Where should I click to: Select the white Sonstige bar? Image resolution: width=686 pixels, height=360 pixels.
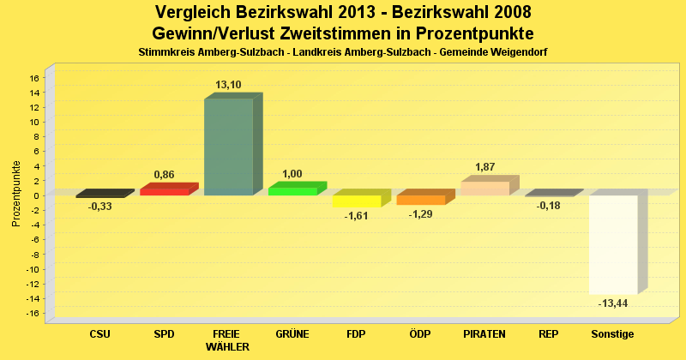(613, 244)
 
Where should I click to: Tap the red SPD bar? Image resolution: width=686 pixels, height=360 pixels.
(164, 191)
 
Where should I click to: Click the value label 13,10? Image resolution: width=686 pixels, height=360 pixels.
(228, 85)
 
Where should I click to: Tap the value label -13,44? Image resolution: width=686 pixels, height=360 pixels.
(613, 303)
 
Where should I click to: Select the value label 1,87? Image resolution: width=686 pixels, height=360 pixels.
(485, 166)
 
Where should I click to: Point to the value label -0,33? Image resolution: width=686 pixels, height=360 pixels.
(99, 207)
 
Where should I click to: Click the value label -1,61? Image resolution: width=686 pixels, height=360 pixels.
(356, 216)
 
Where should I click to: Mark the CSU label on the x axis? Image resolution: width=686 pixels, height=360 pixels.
(99, 333)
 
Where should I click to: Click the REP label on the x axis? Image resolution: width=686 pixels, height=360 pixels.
(549, 333)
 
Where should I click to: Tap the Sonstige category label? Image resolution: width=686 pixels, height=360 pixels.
(613, 333)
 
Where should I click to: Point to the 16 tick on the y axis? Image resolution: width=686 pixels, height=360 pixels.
(34, 78)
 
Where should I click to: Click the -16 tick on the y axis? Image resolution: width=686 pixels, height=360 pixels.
(33, 313)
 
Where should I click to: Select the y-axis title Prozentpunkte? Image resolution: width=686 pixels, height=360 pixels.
(16, 194)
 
